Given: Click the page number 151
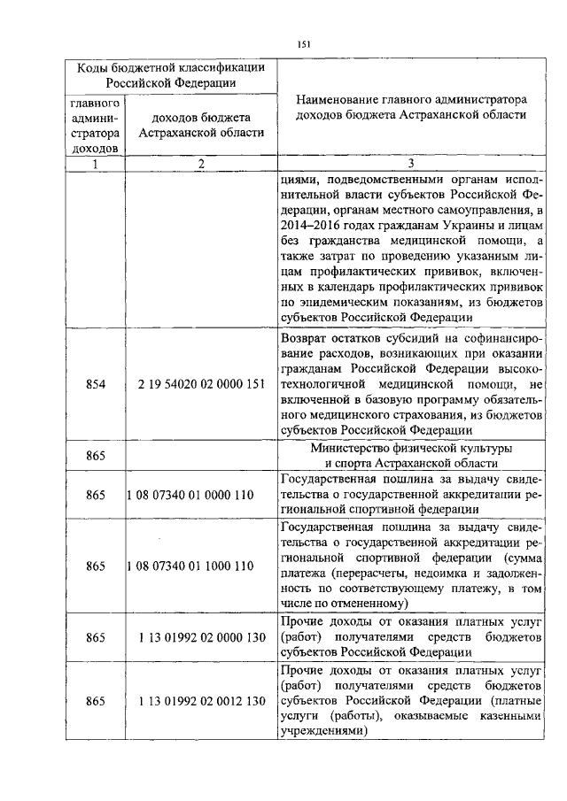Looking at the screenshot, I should (303, 43).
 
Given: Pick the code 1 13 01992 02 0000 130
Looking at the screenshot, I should (202, 636).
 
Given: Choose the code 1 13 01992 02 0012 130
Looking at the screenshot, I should (202, 701).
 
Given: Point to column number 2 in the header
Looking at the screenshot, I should (201, 163).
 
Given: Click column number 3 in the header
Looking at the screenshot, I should (410, 163).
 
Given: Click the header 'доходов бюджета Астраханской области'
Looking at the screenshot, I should (201, 125).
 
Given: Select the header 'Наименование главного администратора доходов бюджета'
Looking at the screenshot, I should (410, 107).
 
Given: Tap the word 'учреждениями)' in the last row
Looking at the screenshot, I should (322, 733).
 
